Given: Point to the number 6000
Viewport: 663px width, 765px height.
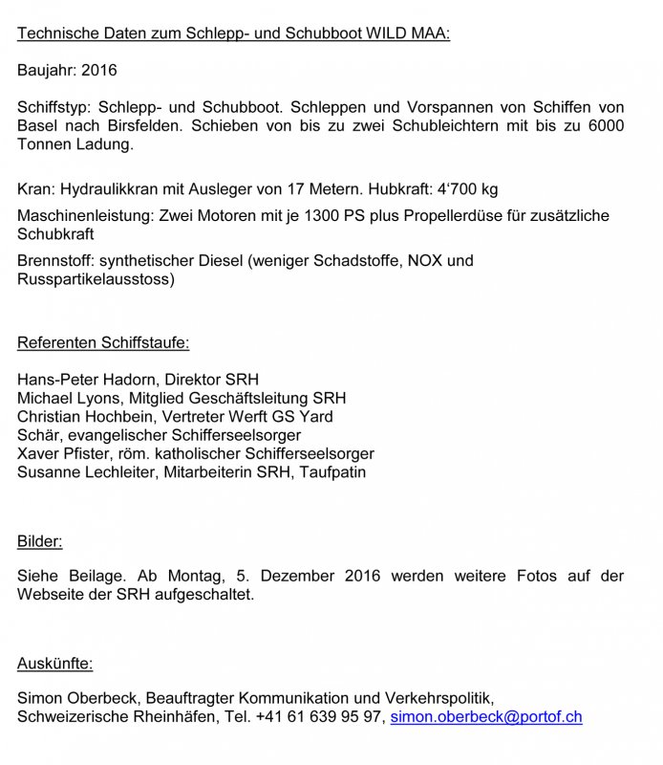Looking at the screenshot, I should click(605, 127).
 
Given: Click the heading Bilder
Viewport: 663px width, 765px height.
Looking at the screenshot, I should click(39, 542).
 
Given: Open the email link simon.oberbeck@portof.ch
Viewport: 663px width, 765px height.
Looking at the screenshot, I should click(485, 716).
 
